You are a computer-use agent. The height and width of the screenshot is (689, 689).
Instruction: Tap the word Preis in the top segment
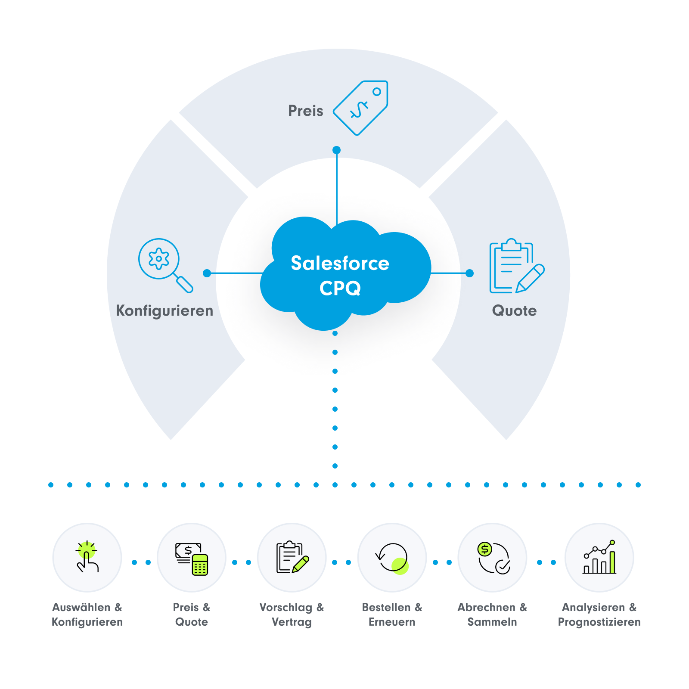[x=305, y=111]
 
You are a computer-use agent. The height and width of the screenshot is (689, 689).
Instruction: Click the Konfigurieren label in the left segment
[x=164, y=310]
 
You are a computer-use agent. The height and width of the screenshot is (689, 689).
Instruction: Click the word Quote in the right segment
[x=514, y=310]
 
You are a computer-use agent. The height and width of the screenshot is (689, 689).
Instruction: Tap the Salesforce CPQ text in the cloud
[x=340, y=275]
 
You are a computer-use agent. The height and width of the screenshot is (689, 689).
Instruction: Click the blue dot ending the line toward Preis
[x=337, y=150]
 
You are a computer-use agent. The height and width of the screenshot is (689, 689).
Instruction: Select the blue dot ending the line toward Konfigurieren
[x=207, y=273]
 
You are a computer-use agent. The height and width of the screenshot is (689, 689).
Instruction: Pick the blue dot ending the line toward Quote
[x=470, y=273]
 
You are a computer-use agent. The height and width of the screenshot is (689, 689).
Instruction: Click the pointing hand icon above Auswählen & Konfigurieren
[x=87, y=557]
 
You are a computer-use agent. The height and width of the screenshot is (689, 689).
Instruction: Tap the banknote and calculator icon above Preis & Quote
[x=192, y=558]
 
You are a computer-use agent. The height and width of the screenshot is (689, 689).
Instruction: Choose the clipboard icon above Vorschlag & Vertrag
[x=292, y=557]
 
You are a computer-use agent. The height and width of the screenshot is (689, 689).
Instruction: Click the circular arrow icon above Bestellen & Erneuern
[x=392, y=558]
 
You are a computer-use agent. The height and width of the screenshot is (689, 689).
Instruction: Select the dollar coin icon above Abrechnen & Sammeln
[x=493, y=558]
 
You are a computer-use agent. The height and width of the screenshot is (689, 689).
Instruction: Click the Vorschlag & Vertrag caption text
[x=292, y=615]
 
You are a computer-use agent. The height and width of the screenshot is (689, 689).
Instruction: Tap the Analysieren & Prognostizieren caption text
[x=599, y=615]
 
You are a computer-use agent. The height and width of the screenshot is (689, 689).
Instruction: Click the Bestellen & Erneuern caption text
[x=392, y=615]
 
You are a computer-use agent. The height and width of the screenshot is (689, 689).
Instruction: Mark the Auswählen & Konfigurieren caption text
[x=87, y=615]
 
